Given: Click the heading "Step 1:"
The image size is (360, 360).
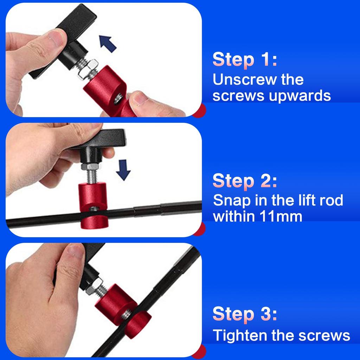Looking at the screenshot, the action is (245, 59).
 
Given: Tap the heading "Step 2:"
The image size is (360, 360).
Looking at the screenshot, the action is (245, 181).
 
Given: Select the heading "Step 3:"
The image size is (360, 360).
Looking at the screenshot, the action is (245, 314).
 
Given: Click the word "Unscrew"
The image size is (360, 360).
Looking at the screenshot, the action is (245, 79).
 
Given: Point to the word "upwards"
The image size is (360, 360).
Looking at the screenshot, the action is (300, 96).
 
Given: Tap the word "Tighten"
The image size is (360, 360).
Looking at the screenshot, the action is (240, 336).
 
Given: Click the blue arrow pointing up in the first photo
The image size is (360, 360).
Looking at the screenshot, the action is (108, 44).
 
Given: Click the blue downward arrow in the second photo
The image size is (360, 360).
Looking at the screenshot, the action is (123, 170).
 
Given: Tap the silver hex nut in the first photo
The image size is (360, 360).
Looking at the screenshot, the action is (88, 69).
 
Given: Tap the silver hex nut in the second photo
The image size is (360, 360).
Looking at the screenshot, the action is (90, 166).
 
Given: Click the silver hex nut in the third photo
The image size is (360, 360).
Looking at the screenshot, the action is (94, 286).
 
